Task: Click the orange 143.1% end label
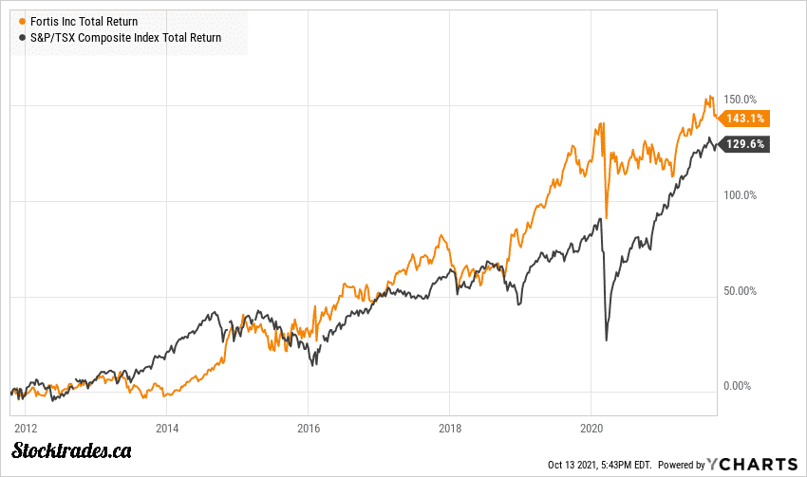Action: pyautogui.click(x=743, y=119)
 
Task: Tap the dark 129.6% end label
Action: pyautogui.click(x=743, y=144)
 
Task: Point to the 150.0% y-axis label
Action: pyautogui.click(x=740, y=100)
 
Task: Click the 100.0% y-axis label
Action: pyautogui.click(x=740, y=195)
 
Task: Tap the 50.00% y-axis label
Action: pyautogui.click(x=740, y=291)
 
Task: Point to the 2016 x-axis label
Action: pyautogui.click(x=308, y=427)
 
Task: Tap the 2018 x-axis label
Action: pyautogui.click(x=449, y=427)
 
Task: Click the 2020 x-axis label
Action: pyautogui.click(x=591, y=427)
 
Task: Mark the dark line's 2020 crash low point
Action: pyautogui.click(x=607, y=339)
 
